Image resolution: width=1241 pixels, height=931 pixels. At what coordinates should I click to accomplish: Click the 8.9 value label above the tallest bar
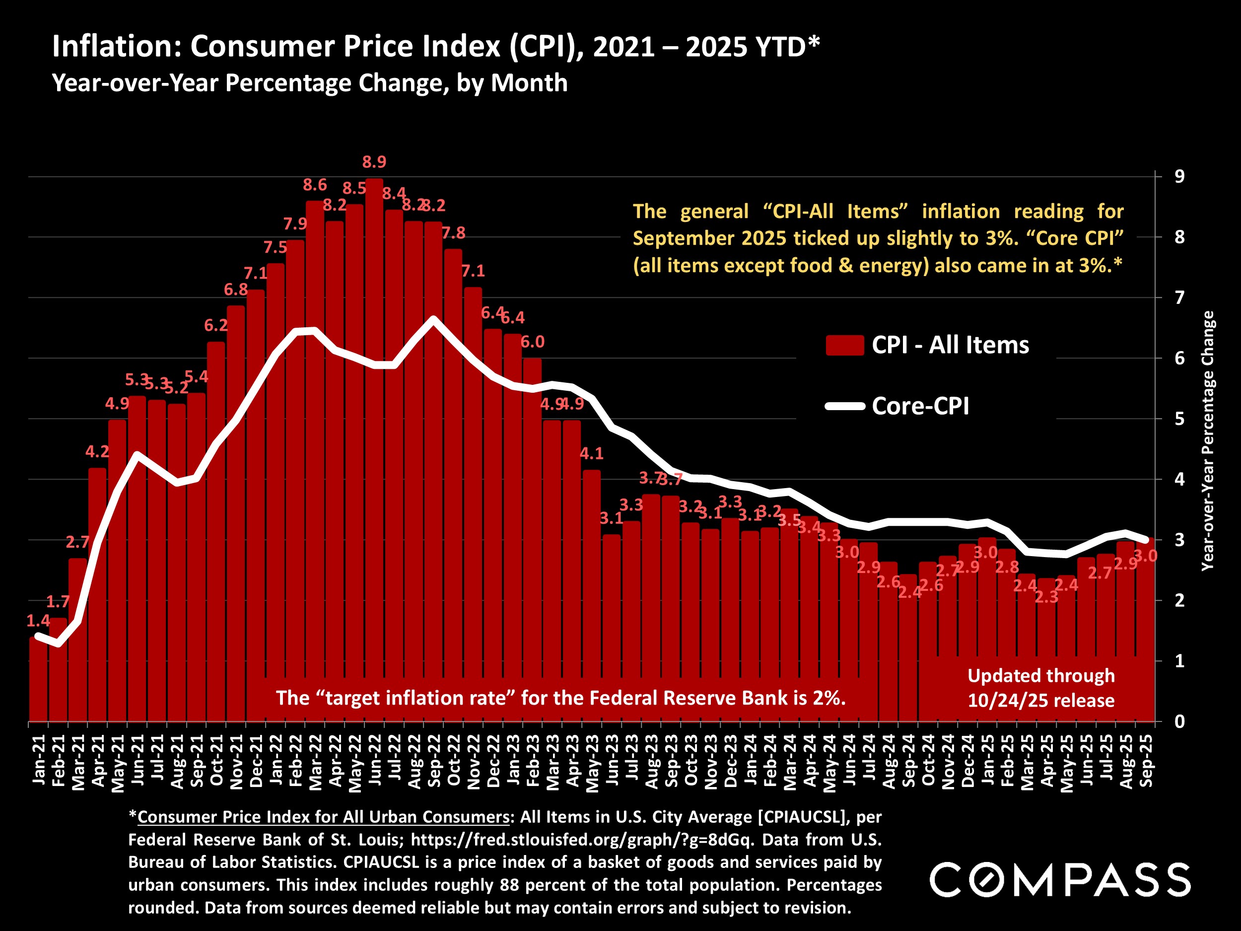[x=374, y=162]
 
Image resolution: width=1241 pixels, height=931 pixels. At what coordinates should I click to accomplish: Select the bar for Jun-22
[x=374, y=449]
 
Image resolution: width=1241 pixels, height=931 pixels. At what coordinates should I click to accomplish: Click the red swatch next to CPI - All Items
[x=844, y=345]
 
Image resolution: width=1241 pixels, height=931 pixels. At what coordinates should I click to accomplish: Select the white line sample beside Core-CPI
[x=844, y=406]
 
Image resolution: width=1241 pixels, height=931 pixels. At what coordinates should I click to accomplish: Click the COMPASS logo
[x=1060, y=880]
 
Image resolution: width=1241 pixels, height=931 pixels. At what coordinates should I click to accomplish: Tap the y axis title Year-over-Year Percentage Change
[x=1207, y=441]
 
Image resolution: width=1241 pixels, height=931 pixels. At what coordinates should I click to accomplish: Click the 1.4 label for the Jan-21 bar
[x=38, y=621]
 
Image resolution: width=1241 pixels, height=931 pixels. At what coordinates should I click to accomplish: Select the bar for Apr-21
[x=97, y=595]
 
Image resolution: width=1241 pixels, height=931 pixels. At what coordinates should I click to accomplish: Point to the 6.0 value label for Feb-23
[x=533, y=342]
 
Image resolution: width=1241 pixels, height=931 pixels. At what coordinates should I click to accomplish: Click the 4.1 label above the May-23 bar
[x=591, y=453]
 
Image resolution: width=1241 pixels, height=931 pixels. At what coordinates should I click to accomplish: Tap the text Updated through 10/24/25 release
[x=1041, y=688]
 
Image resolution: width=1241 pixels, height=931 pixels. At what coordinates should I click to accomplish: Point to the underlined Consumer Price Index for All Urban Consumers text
[x=323, y=817]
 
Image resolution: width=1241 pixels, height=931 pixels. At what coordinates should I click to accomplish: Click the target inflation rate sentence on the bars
[x=560, y=698]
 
